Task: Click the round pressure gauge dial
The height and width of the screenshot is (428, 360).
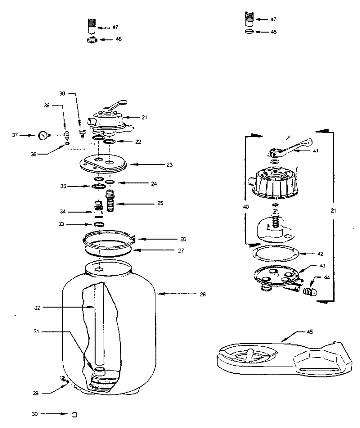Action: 43,135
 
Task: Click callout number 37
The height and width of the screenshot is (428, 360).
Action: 15,135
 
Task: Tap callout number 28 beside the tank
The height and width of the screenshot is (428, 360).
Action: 203,294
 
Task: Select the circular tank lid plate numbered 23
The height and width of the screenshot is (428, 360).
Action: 103,164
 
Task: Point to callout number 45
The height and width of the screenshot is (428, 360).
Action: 310,332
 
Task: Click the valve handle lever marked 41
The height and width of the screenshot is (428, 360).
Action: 291,149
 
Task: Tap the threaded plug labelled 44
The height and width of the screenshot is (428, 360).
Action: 310,292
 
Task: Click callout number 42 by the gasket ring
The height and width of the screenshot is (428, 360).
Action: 320,254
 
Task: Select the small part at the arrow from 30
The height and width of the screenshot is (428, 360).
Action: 74,414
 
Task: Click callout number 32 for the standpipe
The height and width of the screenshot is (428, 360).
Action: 37,308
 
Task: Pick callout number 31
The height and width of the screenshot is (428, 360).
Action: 36,331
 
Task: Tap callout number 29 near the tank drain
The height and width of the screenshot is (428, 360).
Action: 36,393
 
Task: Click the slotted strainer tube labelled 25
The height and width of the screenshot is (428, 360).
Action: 111,201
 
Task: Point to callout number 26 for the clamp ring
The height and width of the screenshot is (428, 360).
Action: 183,239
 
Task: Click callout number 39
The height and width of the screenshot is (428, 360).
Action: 62,93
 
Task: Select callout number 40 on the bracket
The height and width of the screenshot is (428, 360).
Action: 246,207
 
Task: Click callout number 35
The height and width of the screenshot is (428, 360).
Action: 63,186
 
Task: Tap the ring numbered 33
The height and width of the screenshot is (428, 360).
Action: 99,224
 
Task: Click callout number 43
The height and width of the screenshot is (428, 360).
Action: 322,266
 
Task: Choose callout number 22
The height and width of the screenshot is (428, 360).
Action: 138,142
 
